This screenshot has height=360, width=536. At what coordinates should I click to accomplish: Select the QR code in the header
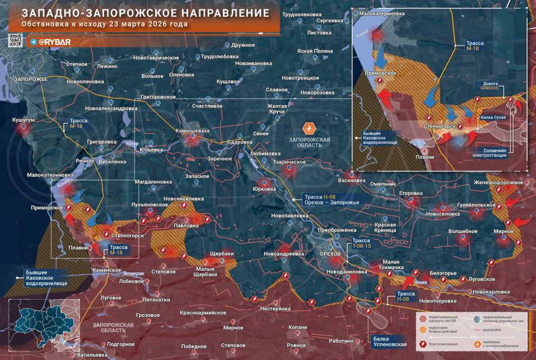pos(15,40)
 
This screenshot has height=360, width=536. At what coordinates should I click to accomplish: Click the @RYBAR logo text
pos(52,42)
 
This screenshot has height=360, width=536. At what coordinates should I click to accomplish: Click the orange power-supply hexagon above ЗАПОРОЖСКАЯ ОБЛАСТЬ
pos(307,127)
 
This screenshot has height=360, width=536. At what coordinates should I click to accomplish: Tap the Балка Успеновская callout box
pos(390,342)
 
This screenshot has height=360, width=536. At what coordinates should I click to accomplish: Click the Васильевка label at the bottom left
pos(92,355)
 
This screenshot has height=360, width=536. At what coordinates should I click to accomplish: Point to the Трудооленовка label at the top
pos(302,13)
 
